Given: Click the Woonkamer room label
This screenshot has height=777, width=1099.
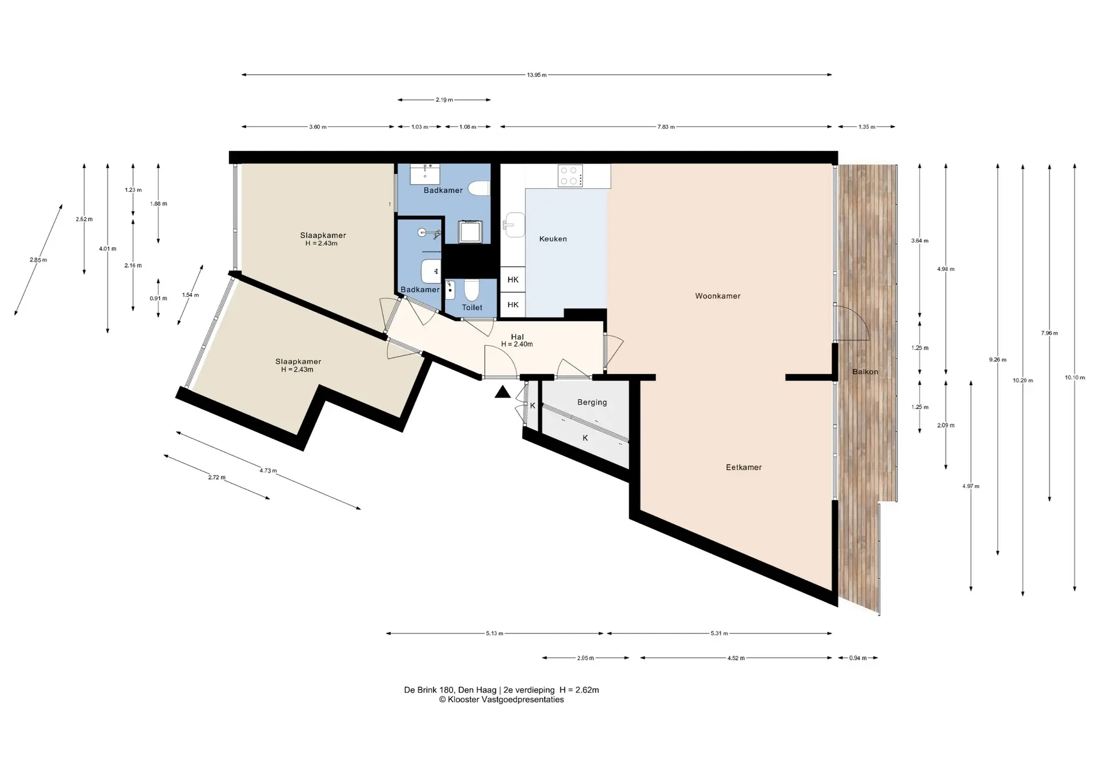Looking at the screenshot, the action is (718, 296).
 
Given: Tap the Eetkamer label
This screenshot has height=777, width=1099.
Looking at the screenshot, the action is (744, 467).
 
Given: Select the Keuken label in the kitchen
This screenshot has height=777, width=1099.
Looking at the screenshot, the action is (553, 239).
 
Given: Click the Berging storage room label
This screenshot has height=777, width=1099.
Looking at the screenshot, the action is (592, 402).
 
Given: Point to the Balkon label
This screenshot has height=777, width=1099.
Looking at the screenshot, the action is (865, 372).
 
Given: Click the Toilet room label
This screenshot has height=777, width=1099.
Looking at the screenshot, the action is (472, 308).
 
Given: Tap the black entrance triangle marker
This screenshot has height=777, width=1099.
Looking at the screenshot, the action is (503, 392).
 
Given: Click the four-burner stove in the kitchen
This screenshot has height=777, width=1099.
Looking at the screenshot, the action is (570, 176).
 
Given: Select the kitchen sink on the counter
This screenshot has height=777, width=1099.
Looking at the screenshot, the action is (514, 225).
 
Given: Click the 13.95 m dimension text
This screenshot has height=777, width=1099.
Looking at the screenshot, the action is (537, 75).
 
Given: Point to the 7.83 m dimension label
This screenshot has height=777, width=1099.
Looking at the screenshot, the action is (666, 127).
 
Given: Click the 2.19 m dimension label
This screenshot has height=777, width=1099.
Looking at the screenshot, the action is (444, 100).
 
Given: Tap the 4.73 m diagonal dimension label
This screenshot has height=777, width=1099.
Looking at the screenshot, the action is (268, 471).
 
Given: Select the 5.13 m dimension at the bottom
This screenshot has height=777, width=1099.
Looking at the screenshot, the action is (495, 633).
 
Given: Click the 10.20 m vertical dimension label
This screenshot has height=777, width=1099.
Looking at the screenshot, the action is (1023, 380).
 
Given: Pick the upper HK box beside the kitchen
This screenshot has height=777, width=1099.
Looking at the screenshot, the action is (513, 280).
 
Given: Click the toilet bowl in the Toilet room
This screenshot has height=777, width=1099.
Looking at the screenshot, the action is (472, 290).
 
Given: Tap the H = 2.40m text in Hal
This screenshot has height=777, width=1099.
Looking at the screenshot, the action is (517, 344).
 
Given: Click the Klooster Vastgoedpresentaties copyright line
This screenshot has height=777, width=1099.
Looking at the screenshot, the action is (501, 700).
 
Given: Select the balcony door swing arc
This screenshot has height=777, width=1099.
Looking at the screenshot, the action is (859, 318).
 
